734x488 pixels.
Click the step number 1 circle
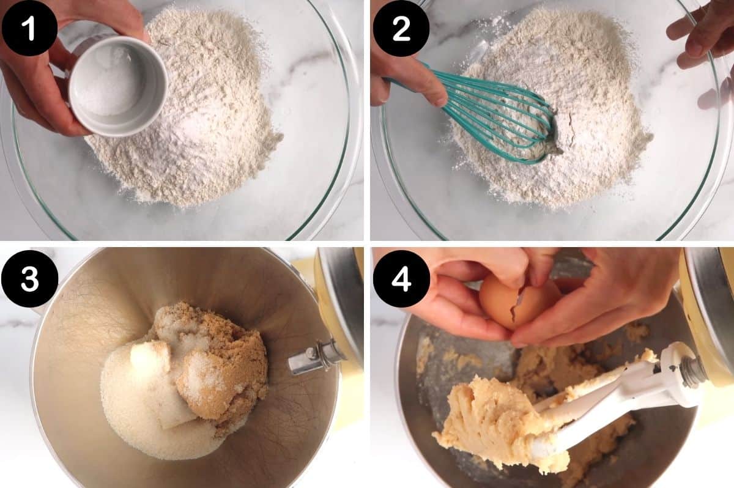[29, 28]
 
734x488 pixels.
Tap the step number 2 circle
[401, 28]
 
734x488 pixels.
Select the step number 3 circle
[29, 278]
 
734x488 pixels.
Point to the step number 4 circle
[401, 278]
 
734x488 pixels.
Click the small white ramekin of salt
[116, 86]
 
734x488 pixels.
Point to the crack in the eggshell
[517, 306]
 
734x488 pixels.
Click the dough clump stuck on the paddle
[489, 422]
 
